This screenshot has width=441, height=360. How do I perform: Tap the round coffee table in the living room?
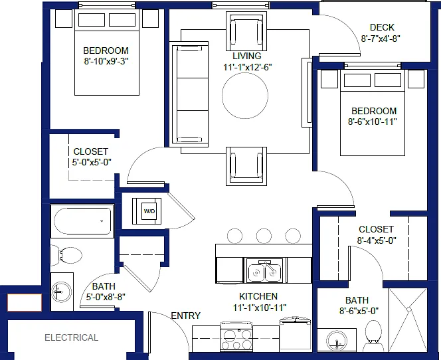[x=245, y=96]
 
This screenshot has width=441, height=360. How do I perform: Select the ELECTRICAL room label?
[x=72, y=337]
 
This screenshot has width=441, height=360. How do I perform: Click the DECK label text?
[x=382, y=27]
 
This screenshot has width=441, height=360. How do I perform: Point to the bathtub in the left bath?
[x=82, y=221]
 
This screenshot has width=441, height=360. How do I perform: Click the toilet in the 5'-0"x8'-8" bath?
[x=66, y=255]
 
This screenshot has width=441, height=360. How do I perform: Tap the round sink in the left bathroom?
[x=62, y=292]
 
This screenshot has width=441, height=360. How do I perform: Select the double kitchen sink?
[x=264, y=270]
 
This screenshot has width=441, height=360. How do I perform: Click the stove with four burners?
[x=236, y=336]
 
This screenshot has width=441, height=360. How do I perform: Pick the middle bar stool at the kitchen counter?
[x=264, y=236]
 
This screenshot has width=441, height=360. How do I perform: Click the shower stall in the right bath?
[x=408, y=320]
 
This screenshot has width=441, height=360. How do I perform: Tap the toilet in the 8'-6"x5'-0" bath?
[x=373, y=335]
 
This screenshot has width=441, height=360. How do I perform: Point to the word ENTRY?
[x=185, y=315]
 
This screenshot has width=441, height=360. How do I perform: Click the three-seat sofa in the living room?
[x=189, y=94]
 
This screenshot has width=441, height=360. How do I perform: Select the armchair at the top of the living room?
[x=246, y=31]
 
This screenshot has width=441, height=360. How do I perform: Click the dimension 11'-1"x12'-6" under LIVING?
[x=248, y=67]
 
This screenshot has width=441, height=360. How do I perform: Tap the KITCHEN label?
[x=258, y=296]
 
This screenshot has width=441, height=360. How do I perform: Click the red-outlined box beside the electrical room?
[x=25, y=303]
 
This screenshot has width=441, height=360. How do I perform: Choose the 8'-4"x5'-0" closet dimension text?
[x=377, y=240]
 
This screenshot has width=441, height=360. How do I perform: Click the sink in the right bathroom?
[x=337, y=341]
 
